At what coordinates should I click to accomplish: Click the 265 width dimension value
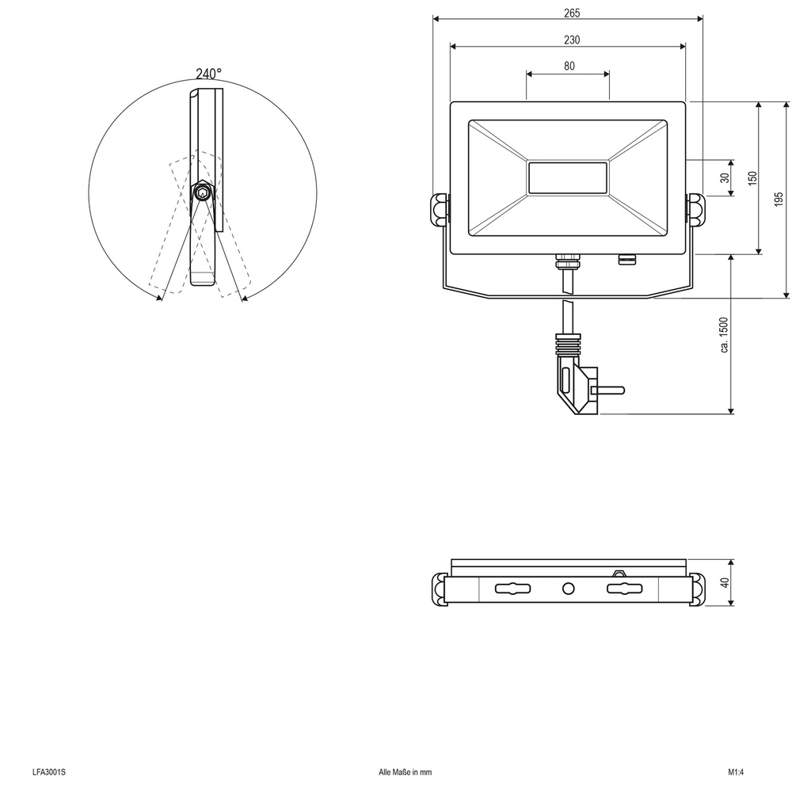pos(567,13)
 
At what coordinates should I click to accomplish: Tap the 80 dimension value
pos(569,67)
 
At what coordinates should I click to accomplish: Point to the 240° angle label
pos(208,74)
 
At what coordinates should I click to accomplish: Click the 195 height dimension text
pos(779,200)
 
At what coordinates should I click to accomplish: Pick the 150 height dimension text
pos(752,178)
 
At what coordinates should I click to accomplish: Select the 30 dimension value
pos(725,178)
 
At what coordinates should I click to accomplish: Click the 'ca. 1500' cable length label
pos(724,334)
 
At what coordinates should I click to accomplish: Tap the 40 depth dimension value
pos(724,583)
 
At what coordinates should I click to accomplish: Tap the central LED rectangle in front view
pos(567,178)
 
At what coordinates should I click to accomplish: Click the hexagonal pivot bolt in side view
pos(204,192)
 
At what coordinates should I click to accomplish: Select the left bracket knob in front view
pos(440,209)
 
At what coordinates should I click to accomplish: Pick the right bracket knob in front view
pos(695,209)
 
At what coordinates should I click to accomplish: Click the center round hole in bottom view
pos(567,588)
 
